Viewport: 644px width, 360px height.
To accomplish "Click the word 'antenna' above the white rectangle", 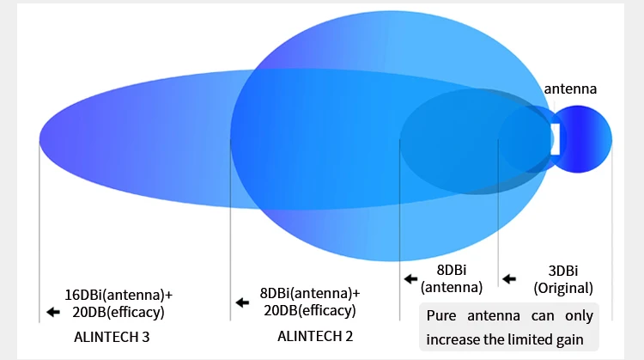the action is click(x=570, y=88).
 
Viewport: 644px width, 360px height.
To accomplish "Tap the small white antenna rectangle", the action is click(x=555, y=139).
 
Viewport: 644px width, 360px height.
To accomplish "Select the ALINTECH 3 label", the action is click(x=112, y=337).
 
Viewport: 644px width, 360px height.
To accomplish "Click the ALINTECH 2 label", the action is click(x=315, y=336).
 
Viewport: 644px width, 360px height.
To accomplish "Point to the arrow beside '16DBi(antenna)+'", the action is click(x=53, y=312).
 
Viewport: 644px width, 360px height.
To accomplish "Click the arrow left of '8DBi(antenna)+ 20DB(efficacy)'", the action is click(x=242, y=303).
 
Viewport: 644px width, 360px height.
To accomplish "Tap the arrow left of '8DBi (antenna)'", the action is click(x=410, y=279).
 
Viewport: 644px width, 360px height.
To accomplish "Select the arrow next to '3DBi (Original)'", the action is click(x=509, y=279).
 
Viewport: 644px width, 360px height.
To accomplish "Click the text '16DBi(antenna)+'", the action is click(x=118, y=295).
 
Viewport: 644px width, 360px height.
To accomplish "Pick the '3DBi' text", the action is click(x=563, y=271).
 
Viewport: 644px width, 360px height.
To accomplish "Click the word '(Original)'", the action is click(x=563, y=288).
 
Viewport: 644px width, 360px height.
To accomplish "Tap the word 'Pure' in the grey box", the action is click(x=441, y=315).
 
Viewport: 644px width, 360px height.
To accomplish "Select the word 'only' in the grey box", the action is click(x=579, y=316).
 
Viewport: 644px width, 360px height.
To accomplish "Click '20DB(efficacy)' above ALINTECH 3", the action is click(x=118, y=313).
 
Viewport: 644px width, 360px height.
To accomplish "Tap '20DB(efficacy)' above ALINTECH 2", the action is click(x=310, y=311).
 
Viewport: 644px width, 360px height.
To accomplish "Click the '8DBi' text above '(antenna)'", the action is click(x=452, y=270).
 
